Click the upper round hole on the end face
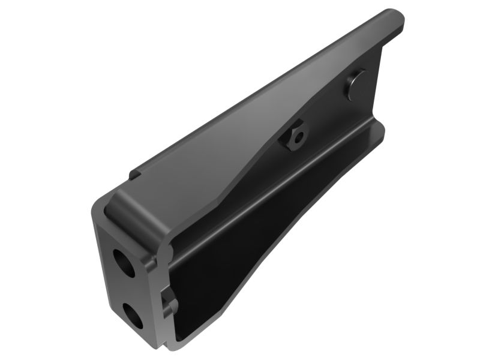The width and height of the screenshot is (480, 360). pyautogui.click(x=124, y=262)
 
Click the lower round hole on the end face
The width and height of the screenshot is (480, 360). pyautogui.click(x=133, y=315)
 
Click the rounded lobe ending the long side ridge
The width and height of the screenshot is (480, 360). pyautogui.click(x=377, y=129)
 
